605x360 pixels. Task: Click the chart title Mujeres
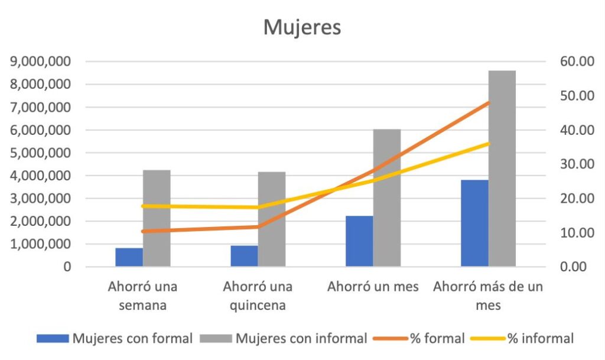tap(302, 28)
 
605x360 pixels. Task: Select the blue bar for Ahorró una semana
tap(129, 257)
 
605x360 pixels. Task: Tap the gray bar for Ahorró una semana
tap(157, 219)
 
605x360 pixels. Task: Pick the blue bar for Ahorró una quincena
tap(244, 256)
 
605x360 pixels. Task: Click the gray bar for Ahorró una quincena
tap(272, 219)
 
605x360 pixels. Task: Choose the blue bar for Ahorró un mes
tap(359, 241)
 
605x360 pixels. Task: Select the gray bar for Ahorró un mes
tap(387, 198)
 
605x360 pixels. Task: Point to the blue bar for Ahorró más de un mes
tap(474, 223)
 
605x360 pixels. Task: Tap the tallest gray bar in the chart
tap(502, 168)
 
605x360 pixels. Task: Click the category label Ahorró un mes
tap(373, 287)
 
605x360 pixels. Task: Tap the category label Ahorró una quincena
tap(258, 296)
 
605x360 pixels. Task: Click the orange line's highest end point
tap(489, 103)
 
